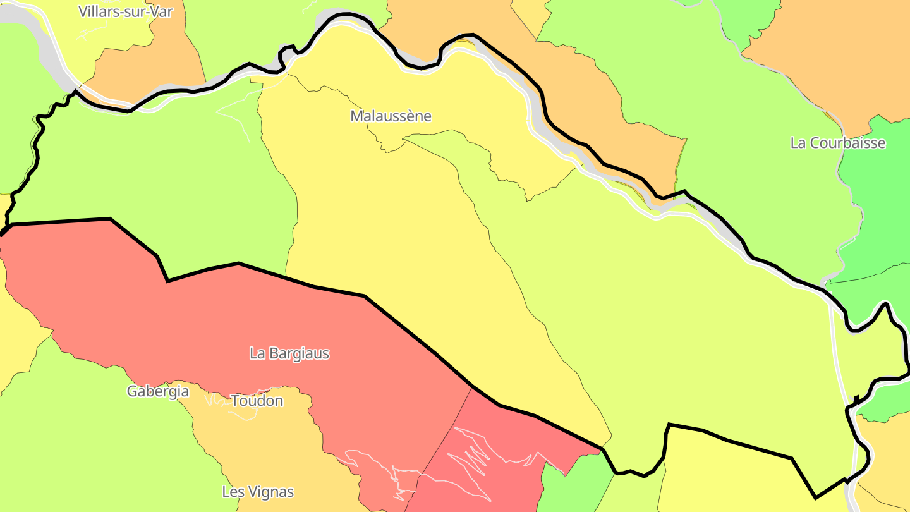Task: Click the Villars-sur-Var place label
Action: point(125,11)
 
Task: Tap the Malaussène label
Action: point(391,116)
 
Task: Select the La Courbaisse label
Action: point(837,143)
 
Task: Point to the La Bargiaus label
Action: point(289,353)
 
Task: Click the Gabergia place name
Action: point(158,391)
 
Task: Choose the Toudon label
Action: point(257,401)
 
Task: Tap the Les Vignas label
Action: point(258,492)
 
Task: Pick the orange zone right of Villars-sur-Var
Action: point(152,63)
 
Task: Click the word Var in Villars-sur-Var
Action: point(160,11)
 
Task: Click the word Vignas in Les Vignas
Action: point(272,492)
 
